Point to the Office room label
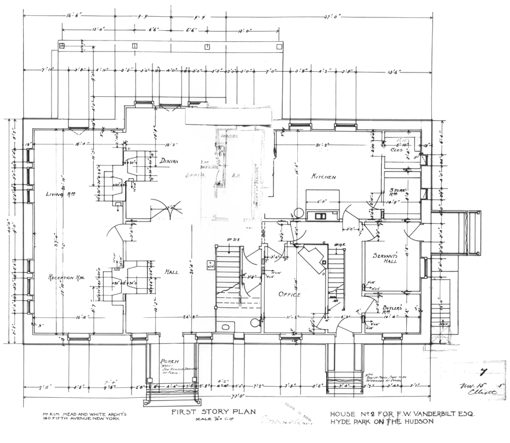point(289,295)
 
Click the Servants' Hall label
point(381,259)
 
